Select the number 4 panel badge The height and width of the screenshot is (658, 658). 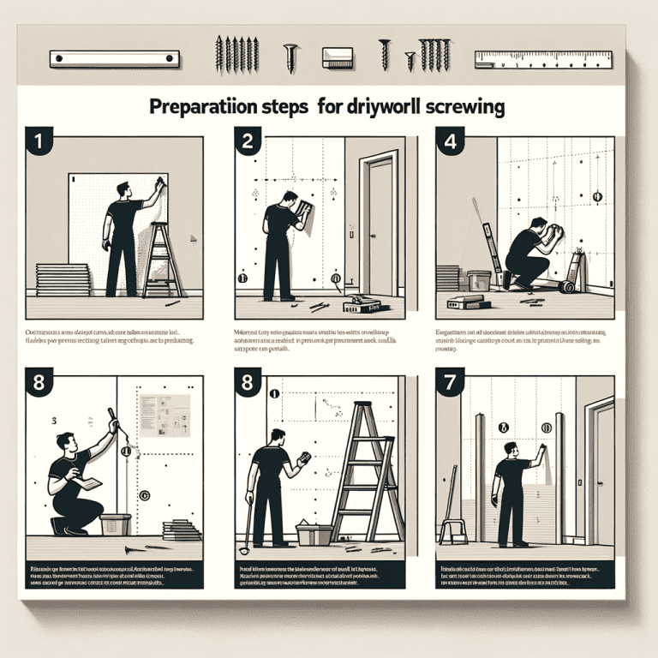[448, 141]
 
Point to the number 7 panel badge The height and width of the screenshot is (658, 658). [448, 384]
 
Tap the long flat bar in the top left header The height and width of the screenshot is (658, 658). [114, 59]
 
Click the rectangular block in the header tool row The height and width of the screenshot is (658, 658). [338, 57]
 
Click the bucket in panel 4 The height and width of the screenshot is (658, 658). [478, 281]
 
